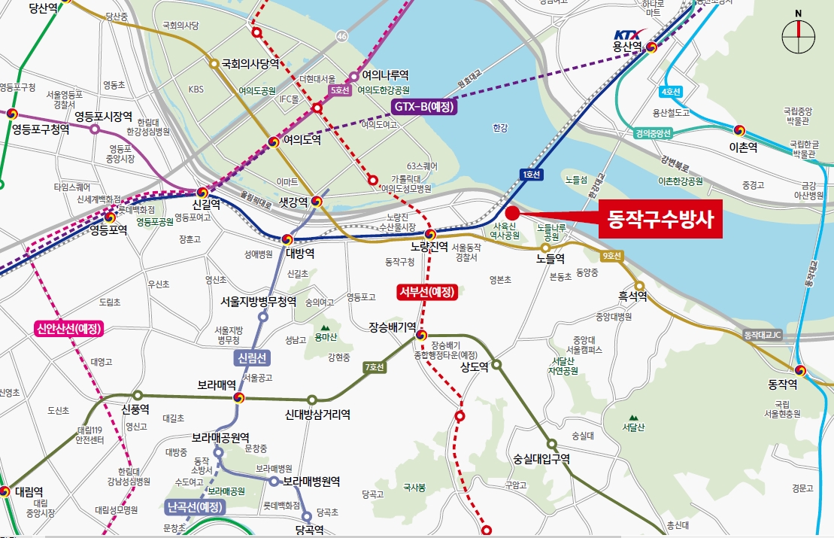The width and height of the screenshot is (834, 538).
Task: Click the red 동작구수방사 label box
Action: pos(660,220)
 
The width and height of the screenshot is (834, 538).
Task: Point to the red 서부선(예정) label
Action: pos(427,292)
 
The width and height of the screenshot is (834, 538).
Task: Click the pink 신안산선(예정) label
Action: pos(68,329)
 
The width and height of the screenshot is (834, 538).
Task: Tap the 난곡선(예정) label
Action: pos(196,507)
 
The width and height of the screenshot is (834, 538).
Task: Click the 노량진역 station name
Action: pos(429,247)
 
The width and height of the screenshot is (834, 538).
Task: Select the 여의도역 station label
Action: pos(302,140)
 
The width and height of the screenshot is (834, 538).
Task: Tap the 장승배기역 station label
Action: pos(393,327)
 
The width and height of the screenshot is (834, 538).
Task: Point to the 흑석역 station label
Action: pos(633,297)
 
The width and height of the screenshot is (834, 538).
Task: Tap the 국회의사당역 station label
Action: pos(250,65)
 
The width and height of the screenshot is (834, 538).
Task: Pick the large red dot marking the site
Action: pos(513,212)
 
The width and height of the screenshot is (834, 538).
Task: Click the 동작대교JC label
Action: pos(763,333)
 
